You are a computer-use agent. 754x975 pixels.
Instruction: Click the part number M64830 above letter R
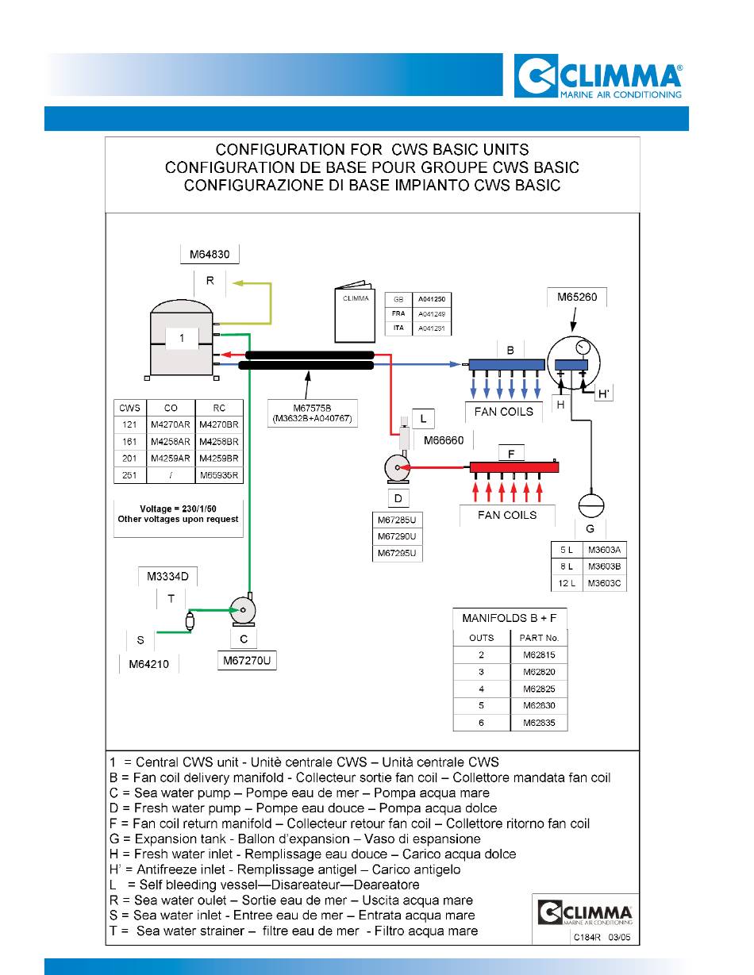[210, 255]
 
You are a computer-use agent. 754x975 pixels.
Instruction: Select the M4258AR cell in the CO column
[171, 442]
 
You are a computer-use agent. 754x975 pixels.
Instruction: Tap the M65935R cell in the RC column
[219, 475]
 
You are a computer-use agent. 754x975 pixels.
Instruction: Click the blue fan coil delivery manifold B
[506, 364]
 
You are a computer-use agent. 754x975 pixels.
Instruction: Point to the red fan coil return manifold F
[514, 467]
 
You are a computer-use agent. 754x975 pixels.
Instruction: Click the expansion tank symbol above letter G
[591, 505]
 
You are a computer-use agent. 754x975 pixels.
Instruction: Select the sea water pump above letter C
[243, 611]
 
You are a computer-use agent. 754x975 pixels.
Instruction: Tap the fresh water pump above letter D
[397, 468]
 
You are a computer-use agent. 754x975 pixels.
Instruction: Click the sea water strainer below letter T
[190, 621]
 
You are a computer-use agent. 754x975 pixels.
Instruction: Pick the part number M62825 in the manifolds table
[539, 689]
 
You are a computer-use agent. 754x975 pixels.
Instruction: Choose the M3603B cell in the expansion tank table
[604, 566]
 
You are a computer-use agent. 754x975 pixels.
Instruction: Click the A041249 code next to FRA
[431, 314]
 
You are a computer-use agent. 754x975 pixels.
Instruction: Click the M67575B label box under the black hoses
[313, 413]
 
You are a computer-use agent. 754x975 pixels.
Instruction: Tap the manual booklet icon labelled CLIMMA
[355, 312]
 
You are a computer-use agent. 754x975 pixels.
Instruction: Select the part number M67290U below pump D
[397, 536]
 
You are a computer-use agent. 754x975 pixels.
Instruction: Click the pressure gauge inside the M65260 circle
[583, 347]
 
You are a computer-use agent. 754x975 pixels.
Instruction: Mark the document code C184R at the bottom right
[587, 937]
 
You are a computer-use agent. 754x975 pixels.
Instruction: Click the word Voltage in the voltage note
[156, 509]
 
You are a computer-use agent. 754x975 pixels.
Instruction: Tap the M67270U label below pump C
[247, 661]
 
